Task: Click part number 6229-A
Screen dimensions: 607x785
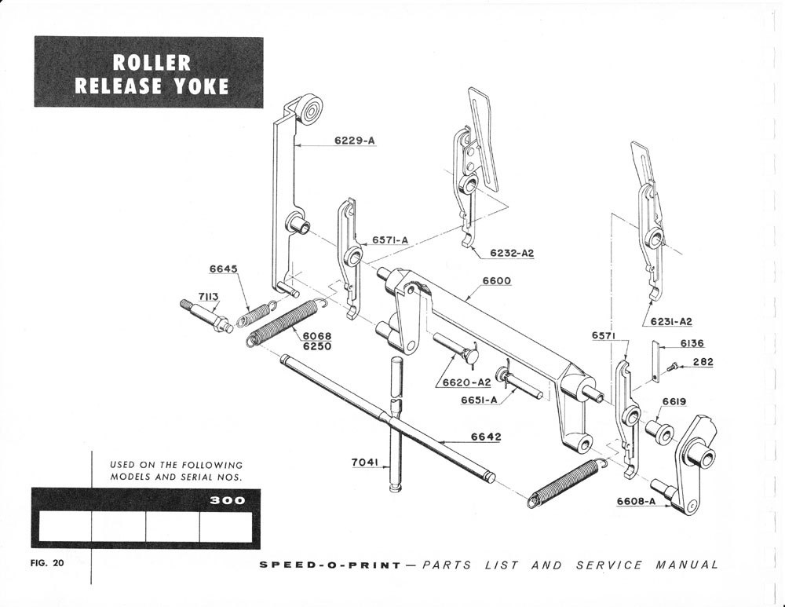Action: coord(355,141)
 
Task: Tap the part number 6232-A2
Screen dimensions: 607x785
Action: coord(512,253)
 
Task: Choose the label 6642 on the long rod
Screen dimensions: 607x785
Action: coord(486,437)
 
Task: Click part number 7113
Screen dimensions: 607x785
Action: coord(208,296)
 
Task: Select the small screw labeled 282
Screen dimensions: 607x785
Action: coord(672,366)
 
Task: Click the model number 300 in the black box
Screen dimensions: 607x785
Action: coord(228,500)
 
